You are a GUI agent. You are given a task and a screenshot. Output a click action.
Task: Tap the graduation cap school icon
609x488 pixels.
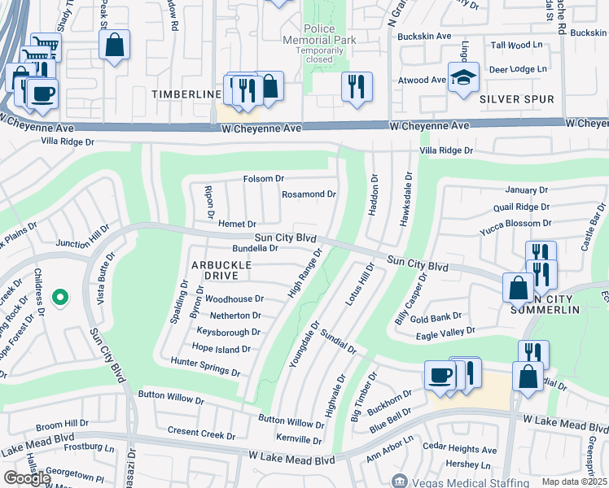tap(463, 78)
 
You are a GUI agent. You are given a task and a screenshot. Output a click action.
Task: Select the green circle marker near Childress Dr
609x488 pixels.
tap(59, 298)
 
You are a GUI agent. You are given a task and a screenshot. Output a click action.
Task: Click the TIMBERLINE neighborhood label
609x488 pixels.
tap(186, 95)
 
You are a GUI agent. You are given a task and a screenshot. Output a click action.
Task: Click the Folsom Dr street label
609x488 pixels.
tap(263, 179)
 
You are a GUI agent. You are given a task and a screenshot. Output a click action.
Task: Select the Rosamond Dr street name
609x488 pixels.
tap(309, 194)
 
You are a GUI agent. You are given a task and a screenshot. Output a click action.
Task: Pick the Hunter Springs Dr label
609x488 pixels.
tap(205, 366)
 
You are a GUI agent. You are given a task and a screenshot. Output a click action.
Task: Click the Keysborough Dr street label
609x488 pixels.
tap(228, 332)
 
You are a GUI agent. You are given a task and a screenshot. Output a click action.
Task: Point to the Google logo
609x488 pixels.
tap(26, 478)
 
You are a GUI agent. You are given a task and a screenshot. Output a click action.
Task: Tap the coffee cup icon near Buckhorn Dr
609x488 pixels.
tap(440, 375)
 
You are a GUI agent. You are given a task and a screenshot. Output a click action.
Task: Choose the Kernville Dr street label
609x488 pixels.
tap(299, 440)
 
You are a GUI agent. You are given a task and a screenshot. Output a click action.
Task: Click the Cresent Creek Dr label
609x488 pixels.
tap(200, 431)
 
